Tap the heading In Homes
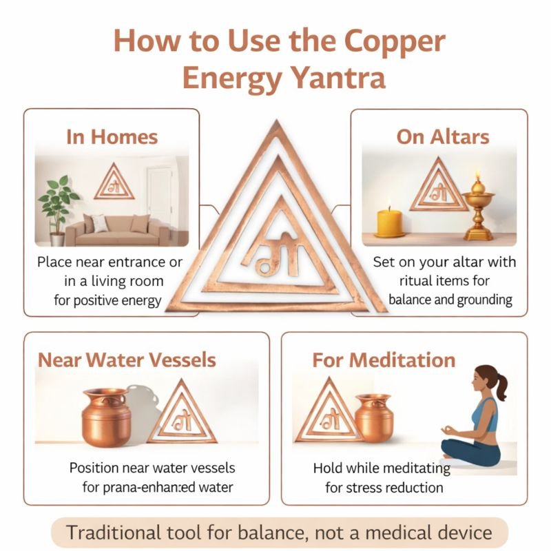click(112, 136)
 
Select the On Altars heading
click(442, 136)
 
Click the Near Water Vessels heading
click(127, 360)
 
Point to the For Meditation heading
click(384, 360)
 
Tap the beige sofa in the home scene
click(117, 230)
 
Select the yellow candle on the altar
click(389, 221)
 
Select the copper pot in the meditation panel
click(374, 417)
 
